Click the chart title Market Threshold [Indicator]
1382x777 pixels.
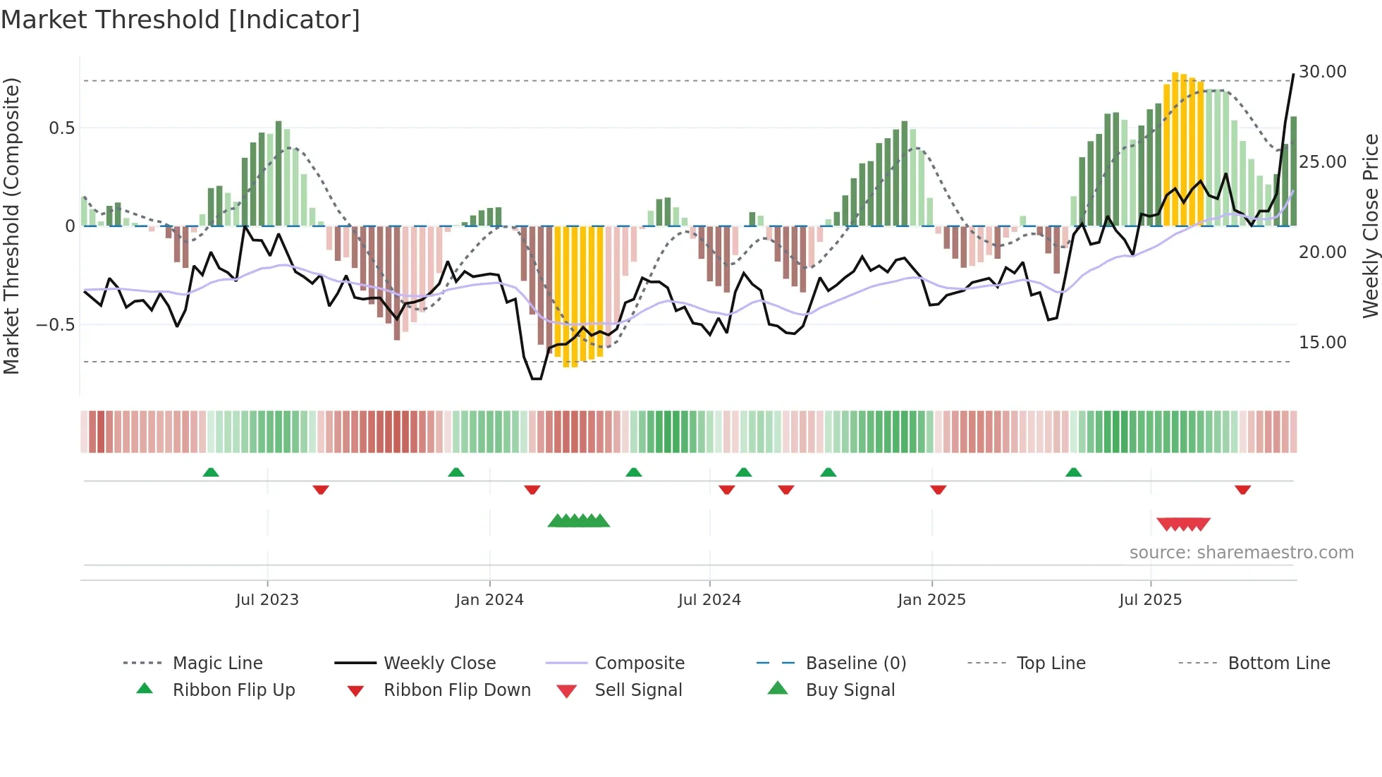[181, 20]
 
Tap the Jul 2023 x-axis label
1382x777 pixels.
[267, 600]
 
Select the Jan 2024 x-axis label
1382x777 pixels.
[489, 600]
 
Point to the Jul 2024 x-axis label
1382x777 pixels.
[709, 600]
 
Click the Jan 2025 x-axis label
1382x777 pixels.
[931, 600]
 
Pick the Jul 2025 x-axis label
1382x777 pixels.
[1150, 600]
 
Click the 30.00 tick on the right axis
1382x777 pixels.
[1322, 72]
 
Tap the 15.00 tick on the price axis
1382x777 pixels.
[1322, 343]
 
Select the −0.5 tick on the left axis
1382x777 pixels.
[56, 325]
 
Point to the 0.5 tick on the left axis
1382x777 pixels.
[61, 128]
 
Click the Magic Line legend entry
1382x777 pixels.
[217, 663]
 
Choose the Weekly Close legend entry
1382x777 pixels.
[439, 663]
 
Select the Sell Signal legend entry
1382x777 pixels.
[638, 690]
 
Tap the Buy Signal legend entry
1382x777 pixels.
[850, 690]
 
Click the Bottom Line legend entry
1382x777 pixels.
[1278, 663]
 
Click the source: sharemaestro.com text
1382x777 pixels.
[1241, 553]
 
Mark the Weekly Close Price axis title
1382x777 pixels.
[1370, 226]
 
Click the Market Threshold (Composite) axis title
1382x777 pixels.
[11, 226]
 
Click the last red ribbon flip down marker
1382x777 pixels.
[1242, 489]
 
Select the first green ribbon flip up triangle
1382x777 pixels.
[211, 472]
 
